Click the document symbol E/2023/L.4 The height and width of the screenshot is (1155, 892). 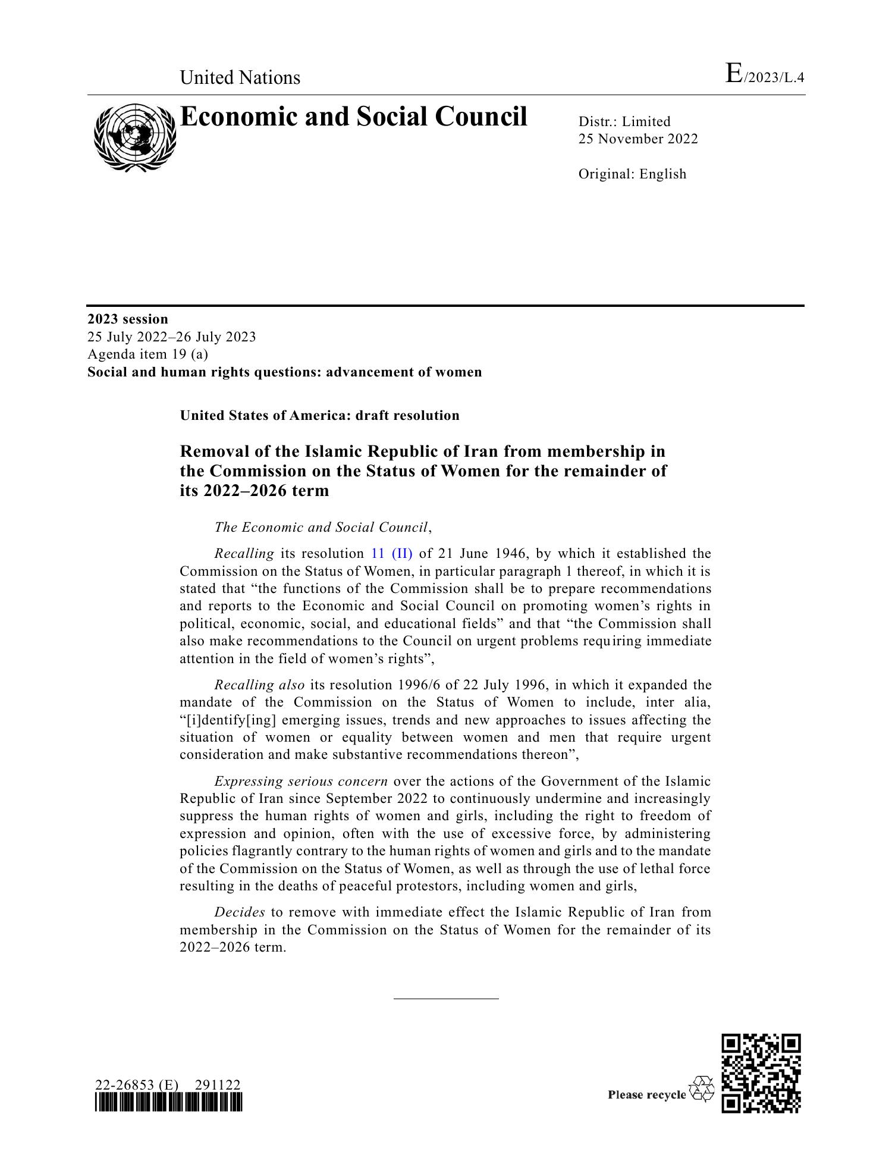coord(765,76)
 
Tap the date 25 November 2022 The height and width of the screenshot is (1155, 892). coord(638,139)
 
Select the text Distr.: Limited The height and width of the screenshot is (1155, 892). coord(624,122)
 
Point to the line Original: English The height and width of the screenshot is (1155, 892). coord(632,174)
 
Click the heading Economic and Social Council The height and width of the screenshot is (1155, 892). coord(353,117)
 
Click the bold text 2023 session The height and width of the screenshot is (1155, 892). coord(128,319)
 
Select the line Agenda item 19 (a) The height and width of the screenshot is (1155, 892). coord(148,354)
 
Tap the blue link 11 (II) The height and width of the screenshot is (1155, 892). coord(391,554)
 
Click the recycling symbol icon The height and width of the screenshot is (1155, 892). coord(702,1089)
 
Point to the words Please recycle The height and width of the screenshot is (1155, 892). coord(646,1095)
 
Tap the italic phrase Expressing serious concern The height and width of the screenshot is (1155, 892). coord(301,781)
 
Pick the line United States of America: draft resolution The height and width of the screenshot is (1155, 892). coord(320,416)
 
